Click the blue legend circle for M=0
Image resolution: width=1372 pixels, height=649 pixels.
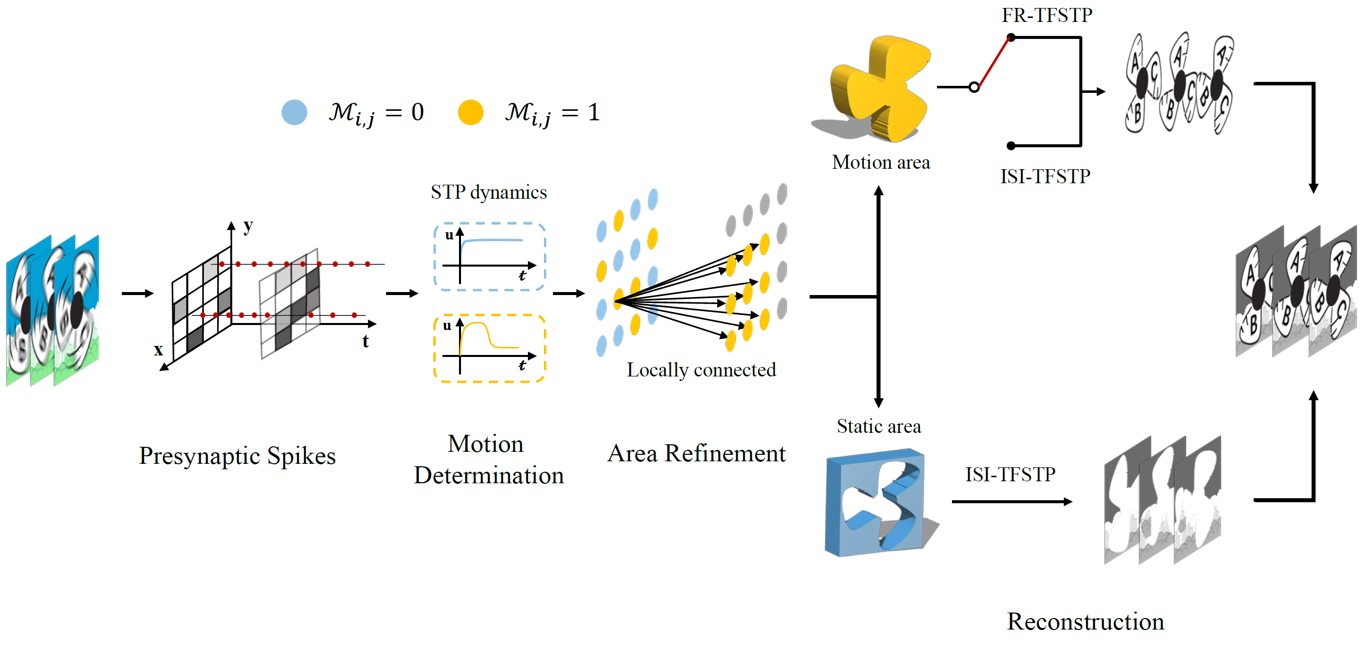click(294, 112)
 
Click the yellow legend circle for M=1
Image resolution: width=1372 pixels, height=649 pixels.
click(470, 112)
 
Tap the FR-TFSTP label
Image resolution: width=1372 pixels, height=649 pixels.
click(1046, 15)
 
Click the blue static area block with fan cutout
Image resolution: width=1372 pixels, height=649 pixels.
click(876, 503)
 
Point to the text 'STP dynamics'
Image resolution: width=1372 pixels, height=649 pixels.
click(488, 192)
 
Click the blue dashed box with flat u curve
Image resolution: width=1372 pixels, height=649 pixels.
click(489, 257)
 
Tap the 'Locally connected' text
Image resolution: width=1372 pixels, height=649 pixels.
click(701, 369)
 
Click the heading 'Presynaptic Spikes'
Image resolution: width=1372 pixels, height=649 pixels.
click(237, 456)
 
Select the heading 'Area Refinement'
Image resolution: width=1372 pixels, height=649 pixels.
click(696, 454)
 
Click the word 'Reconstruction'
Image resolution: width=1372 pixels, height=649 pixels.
click(1085, 622)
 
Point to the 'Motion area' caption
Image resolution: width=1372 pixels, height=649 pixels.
click(881, 162)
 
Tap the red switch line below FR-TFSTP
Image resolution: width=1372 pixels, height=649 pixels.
click(994, 62)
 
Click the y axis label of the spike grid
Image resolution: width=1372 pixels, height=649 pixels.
click(248, 226)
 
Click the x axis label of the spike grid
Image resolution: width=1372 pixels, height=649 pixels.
click(158, 350)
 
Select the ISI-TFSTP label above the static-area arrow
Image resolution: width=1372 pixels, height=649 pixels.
click(1010, 474)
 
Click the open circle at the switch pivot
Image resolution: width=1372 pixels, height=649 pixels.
click(973, 87)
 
